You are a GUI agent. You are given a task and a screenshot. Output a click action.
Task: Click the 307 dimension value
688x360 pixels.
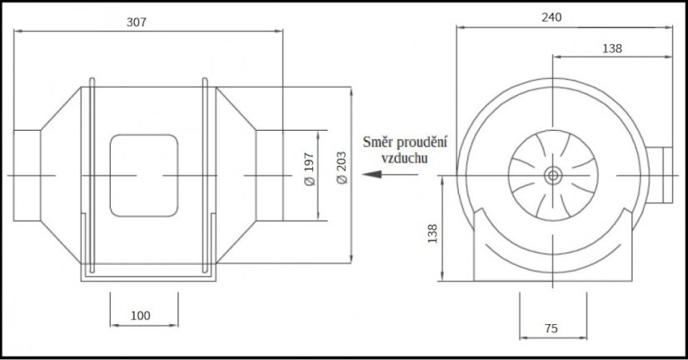point(136,22)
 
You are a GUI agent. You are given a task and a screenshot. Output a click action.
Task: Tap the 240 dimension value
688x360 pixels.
point(551,17)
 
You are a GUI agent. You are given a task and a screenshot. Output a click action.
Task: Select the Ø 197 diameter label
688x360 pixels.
point(309,169)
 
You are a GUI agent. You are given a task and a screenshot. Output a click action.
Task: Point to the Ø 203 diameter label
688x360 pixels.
point(342,167)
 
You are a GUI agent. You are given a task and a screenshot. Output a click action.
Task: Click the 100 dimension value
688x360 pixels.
point(141,316)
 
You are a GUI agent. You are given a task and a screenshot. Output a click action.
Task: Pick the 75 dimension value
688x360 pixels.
point(551,328)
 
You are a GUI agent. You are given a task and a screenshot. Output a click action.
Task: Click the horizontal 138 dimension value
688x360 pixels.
point(611,48)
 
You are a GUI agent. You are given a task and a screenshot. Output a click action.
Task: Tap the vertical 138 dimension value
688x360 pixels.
point(432,233)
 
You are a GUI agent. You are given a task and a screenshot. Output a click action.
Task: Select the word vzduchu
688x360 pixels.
point(404,158)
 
